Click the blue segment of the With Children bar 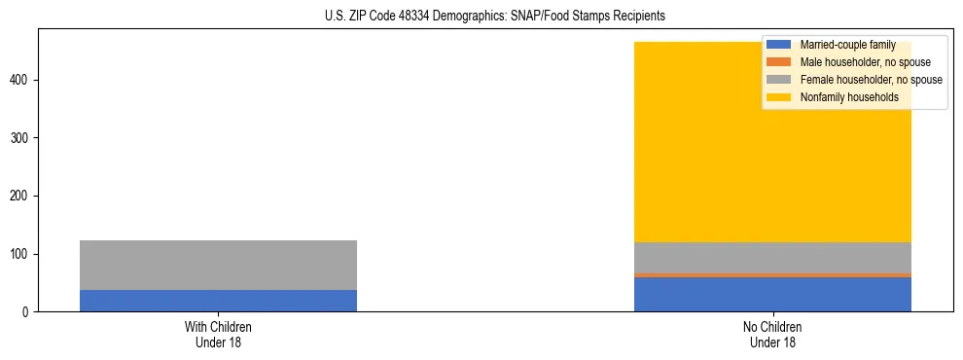coord(218,301)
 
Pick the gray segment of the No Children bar coord(772,258)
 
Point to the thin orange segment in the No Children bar coord(772,275)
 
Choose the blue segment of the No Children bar coord(772,295)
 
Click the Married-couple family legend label coord(847,45)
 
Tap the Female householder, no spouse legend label coord(871,80)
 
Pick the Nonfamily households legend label coord(849,97)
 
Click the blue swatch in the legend coord(779,45)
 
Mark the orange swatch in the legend coord(779,62)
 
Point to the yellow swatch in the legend coord(779,97)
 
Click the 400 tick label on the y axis coord(20,80)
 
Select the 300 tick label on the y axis coord(20,138)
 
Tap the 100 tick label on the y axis coord(20,254)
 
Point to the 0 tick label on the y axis coord(27,312)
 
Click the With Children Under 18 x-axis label coord(218,335)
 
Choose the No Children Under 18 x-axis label coord(772,335)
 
